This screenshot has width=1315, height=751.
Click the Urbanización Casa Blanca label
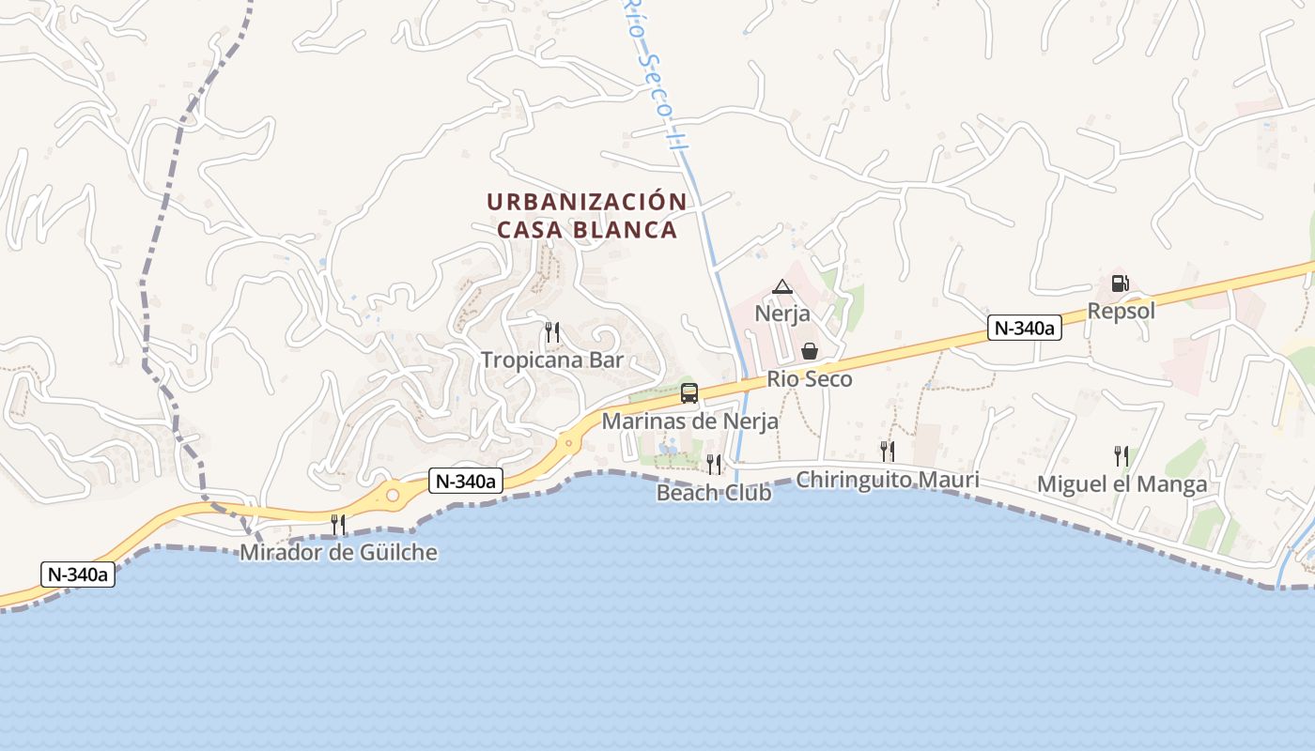coord(586,216)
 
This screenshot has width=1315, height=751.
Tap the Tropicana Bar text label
coord(552,360)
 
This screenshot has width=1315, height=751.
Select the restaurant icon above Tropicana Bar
coord(552,331)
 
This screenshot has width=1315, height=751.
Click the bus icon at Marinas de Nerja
coord(689,393)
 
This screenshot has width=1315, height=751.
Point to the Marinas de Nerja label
coord(689,421)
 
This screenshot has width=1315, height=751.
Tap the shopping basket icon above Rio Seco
coord(809,351)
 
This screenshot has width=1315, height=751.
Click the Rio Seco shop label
coord(810,379)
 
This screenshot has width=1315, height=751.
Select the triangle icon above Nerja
coord(782,286)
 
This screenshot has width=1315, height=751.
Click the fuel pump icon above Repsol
coord(1120,283)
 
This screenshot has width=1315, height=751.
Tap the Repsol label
coord(1121,311)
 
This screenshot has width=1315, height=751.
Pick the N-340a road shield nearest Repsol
coord(1025,328)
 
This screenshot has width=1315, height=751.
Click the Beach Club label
coord(714,493)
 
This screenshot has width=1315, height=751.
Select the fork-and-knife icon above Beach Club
coord(714,464)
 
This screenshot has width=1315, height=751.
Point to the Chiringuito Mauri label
coord(887,480)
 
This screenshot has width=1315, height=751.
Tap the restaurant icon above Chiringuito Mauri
coord(887,451)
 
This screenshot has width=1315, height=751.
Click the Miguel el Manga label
coord(1122,484)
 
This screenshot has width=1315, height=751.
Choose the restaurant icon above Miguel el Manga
coord(1121,456)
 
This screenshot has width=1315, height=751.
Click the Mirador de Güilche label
coord(338,552)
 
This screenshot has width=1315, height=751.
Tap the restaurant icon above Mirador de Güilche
coord(338,524)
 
